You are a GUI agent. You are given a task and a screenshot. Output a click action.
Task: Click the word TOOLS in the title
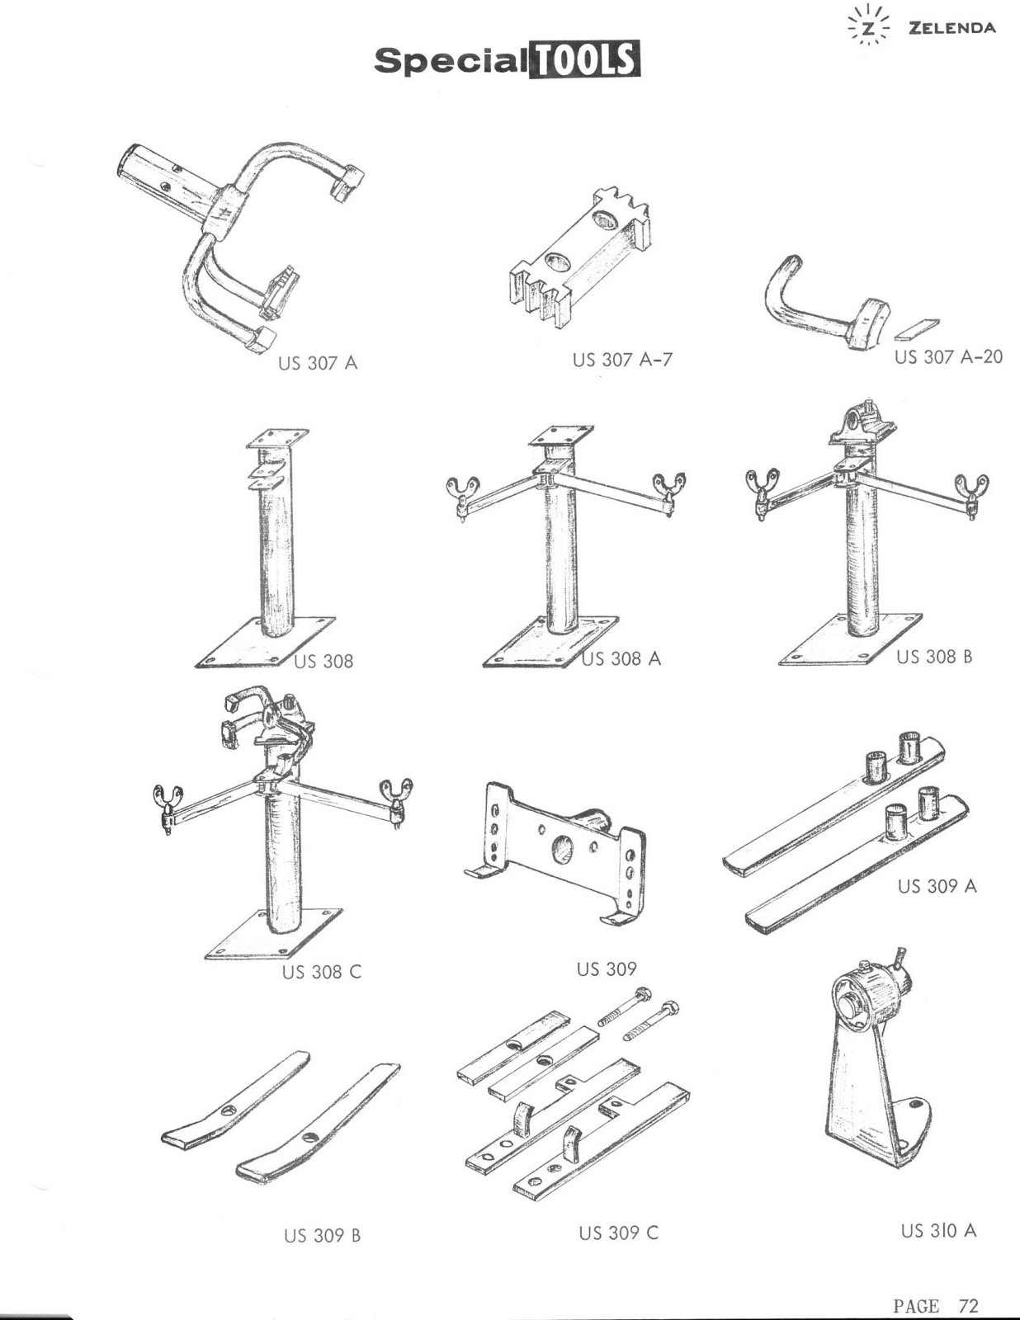tap(583, 59)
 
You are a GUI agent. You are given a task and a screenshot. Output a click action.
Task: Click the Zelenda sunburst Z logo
tap(869, 27)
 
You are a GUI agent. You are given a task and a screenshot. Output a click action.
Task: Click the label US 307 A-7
tap(622, 360)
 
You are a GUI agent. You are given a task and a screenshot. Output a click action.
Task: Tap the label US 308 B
tap(933, 656)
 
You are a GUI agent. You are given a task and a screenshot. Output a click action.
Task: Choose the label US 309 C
tap(618, 1233)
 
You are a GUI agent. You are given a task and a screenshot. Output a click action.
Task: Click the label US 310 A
tap(938, 1230)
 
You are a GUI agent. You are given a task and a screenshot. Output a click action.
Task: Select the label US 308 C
tap(321, 971)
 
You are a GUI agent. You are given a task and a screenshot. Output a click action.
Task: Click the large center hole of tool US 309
tap(563, 850)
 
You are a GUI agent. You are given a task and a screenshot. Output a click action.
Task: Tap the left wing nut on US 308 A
tap(461, 493)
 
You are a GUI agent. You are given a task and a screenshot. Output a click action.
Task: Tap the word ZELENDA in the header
tap(952, 28)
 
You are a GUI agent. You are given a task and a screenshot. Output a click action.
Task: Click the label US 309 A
tap(937, 886)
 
